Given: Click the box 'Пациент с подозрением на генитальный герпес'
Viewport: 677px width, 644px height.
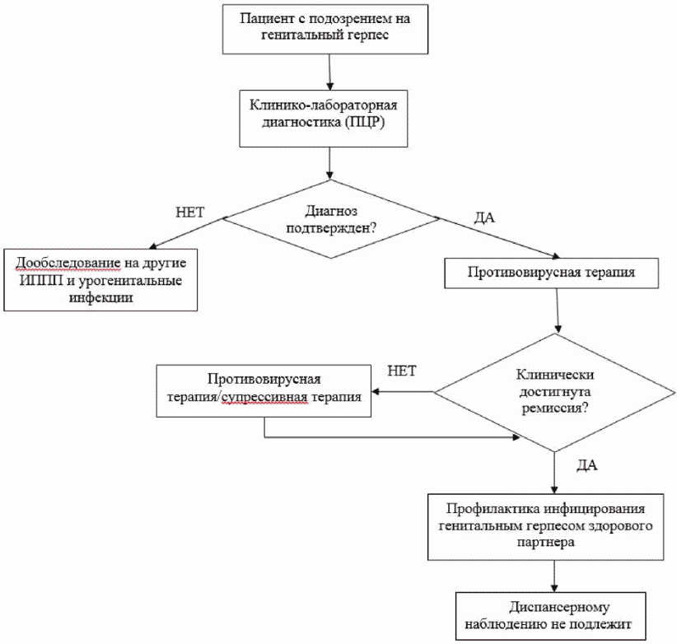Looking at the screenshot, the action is click(x=325, y=30).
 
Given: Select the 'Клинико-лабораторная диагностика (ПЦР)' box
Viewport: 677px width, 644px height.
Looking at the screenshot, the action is click(x=324, y=119).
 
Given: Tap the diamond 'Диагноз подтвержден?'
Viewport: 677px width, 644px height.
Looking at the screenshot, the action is click(x=331, y=219).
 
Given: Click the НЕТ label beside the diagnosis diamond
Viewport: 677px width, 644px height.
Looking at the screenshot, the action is click(x=190, y=212).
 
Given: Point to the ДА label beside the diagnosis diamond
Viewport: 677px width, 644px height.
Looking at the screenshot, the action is click(x=484, y=217).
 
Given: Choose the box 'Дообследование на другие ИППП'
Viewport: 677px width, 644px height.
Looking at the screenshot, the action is click(x=100, y=280).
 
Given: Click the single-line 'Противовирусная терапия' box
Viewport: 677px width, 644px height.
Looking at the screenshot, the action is click(x=551, y=273).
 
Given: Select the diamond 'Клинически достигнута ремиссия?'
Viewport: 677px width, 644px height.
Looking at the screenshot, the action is click(x=554, y=392).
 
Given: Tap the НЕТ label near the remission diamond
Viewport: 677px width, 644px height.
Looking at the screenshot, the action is click(x=402, y=371).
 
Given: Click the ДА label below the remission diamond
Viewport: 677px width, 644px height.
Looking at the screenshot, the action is click(x=587, y=464).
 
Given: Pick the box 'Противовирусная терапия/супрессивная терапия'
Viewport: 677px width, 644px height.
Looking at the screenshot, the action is click(x=264, y=390).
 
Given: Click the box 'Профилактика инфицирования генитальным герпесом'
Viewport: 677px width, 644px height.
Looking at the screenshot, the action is click(x=546, y=527).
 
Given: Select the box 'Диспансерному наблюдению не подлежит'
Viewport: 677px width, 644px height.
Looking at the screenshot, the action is click(x=550, y=616).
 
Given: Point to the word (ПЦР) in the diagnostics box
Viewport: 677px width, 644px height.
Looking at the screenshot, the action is click(x=364, y=122).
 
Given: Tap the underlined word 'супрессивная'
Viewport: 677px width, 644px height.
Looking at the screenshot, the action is click(x=264, y=398).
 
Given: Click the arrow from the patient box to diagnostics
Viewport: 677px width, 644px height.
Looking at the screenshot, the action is click(x=330, y=72).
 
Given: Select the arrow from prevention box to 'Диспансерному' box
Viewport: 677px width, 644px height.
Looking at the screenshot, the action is click(x=554, y=576).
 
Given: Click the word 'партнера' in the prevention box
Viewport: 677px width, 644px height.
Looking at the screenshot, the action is click(x=546, y=543).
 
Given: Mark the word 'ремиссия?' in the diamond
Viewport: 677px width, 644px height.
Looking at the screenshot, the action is click(x=555, y=408).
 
